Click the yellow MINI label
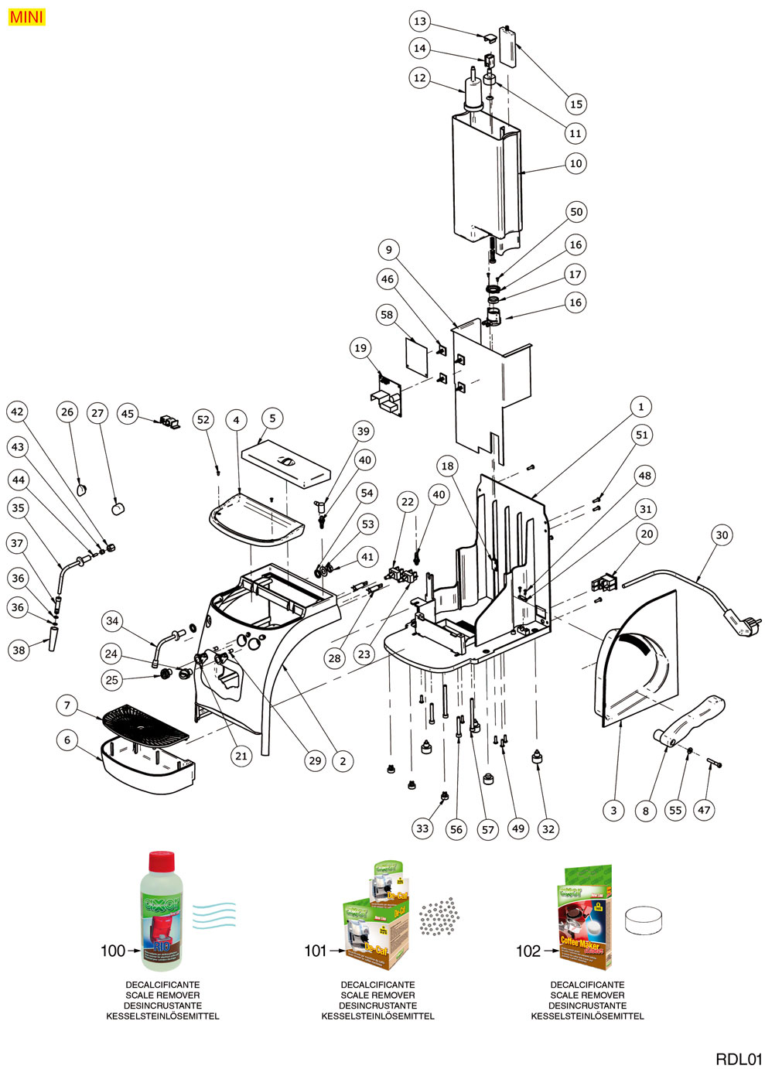[x=27, y=17]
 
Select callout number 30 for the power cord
[x=722, y=534]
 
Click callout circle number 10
[x=575, y=163]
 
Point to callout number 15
[x=575, y=104]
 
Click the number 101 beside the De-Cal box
[x=316, y=951]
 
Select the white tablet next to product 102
[x=644, y=920]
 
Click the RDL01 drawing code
[x=739, y=1059]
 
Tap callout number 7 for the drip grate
[x=67, y=705]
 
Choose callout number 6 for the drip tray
[x=67, y=740]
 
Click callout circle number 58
[x=387, y=314]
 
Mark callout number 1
[x=640, y=406]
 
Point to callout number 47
[x=704, y=810]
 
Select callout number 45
[x=128, y=414]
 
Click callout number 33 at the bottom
[x=422, y=828]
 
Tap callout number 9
[x=389, y=249]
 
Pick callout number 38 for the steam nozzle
[x=18, y=650]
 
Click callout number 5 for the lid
[x=272, y=418]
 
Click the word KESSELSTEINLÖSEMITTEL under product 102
[x=587, y=1016]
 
